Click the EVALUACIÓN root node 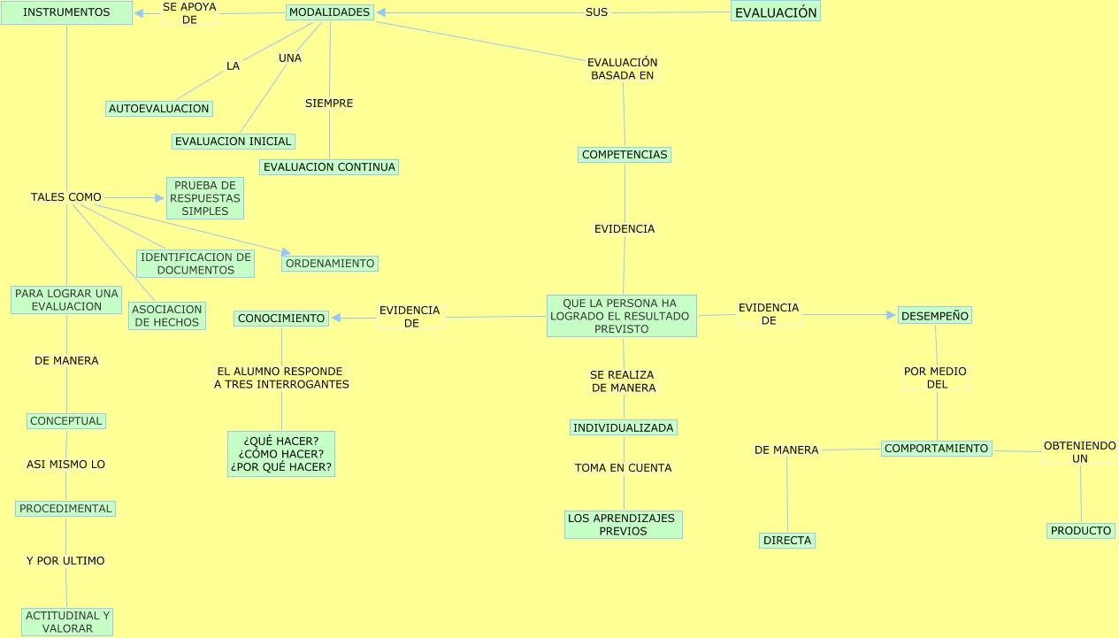coord(776,12)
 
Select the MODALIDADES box coord(330,12)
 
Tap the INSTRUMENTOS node coord(66,12)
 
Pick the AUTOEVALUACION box coord(159,109)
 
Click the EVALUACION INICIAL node coord(233,142)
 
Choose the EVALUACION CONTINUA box coord(329,167)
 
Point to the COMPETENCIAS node coord(625,155)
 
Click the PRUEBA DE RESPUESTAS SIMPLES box coord(205,198)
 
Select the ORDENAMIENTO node coord(330,264)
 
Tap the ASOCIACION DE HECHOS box coord(167,316)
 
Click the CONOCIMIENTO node coord(281,319)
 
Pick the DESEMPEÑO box coord(935,315)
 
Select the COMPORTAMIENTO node coord(936,449)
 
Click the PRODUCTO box coord(1080,531)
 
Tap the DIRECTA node coord(786,541)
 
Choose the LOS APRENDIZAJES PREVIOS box coord(624,525)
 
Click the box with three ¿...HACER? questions coord(281,454)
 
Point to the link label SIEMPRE coord(329,104)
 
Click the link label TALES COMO coord(66,197)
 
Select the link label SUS coord(596,12)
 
